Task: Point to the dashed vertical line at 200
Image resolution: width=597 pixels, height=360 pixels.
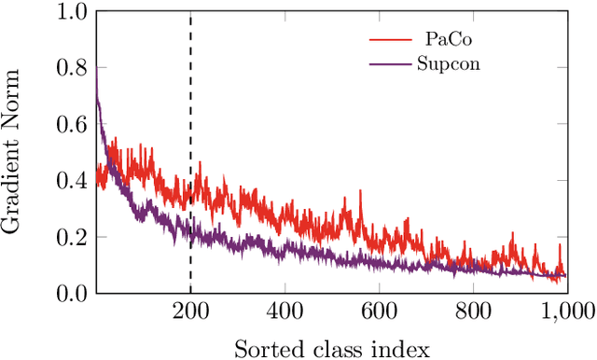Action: [x=190, y=112]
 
